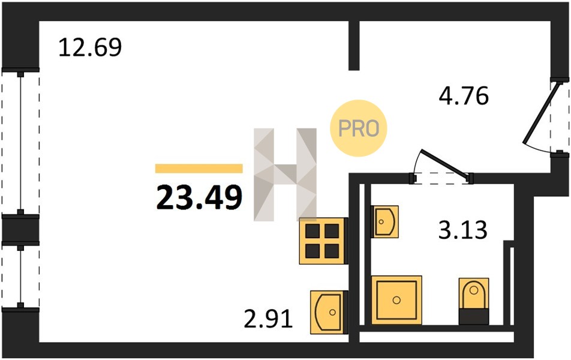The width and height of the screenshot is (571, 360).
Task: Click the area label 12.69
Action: click(x=90, y=47)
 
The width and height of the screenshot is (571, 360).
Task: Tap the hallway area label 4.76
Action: click(x=464, y=96)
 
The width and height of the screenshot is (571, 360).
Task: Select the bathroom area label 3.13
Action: click(x=462, y=230)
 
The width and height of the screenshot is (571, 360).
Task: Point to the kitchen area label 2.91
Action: click(x=268, y=319)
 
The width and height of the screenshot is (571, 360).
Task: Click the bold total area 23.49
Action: click(x=199, y=197)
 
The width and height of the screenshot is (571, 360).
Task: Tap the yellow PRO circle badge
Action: click(x=358, y=128)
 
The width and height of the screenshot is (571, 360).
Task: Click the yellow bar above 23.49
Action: click(x=199, y=169)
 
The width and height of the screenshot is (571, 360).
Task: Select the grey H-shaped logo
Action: click(x=285, y=175)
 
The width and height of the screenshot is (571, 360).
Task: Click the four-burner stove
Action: click(x=323, y=241)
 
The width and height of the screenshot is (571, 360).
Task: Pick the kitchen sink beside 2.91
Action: click(x=329, y=312)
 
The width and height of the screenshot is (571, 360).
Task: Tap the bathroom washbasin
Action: click(x=385, y=221)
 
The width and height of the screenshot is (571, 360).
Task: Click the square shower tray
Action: click(x=396, y=300)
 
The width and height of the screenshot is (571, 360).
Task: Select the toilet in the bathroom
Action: click(x=474, y=301)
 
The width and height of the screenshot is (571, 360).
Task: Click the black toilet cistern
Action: click(x=474, y=316)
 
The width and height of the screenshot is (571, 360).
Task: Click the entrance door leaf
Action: click(x=542, y=113)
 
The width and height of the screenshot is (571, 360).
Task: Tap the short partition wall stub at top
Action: click(x=354, y=45)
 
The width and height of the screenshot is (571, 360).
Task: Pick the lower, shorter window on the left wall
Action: click(x=20, y=277)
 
